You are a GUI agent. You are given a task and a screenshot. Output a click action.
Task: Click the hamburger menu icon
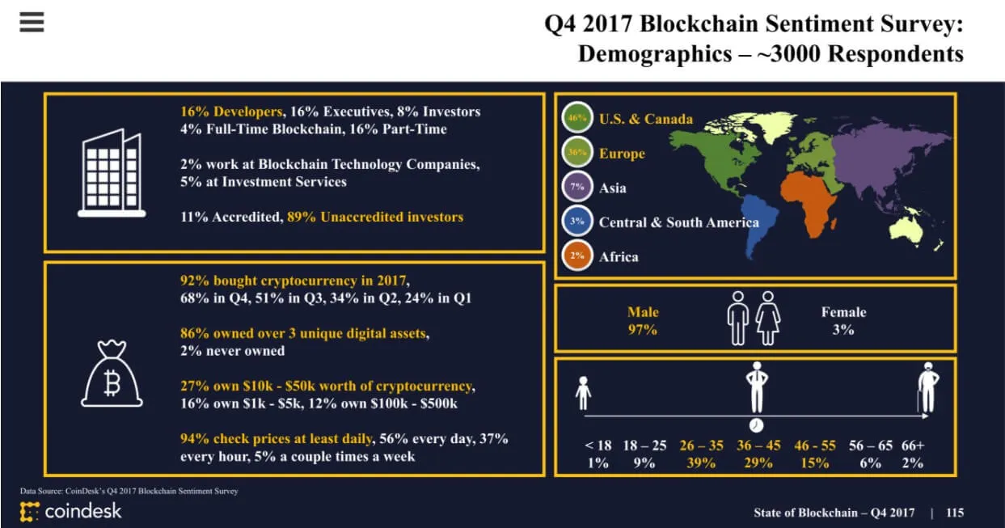(32, 22)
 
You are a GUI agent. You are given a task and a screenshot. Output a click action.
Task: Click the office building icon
(112, 174)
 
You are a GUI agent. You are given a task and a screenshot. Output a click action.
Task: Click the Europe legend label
(622, 154)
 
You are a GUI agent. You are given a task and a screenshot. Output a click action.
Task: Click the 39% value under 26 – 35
(700, 463)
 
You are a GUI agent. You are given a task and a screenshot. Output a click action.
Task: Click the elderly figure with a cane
(927, 387)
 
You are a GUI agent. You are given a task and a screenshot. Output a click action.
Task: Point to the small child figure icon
(583, 395)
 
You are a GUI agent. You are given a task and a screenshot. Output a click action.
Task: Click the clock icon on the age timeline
(755, 425)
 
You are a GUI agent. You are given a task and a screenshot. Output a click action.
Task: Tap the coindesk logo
(71, 511)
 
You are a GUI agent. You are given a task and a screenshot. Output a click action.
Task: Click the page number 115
(954, 513)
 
